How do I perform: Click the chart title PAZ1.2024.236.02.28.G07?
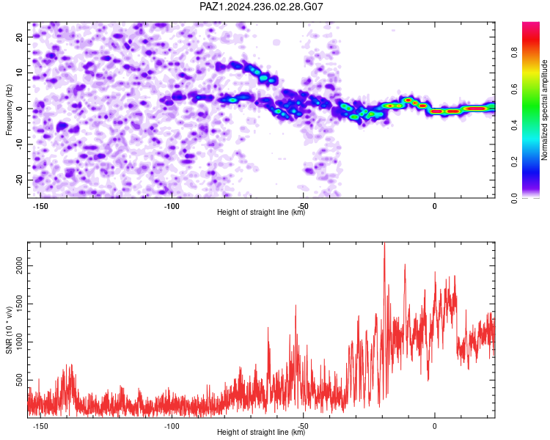tap(261, 7)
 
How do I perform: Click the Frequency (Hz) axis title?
tap(9, 110)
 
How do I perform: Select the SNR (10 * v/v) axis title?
tap(9, 330)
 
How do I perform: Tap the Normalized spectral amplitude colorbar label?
tap(544, 110)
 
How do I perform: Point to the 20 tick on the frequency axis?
tap(19, 37)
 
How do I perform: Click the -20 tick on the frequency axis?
tap(19, 180)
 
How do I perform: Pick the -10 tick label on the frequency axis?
tap(19, 144)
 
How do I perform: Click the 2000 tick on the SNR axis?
tap(19, 266)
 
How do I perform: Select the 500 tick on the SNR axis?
tap(19, 381)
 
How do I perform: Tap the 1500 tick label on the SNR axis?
tap(19, 304)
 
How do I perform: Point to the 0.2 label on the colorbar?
tap(514, 162)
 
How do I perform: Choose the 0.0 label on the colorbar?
tap(514, 198)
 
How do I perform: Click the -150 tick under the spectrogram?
tap(40, 206)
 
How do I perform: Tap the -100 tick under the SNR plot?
tap(172, 426)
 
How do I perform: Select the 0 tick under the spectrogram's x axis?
tap(435, 206)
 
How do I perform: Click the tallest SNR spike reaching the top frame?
tap(384, 243)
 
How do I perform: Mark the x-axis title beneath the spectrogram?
tap(261, 212)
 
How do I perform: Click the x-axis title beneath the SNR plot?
tap(261, 432)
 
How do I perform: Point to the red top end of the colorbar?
tap(531, 23)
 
